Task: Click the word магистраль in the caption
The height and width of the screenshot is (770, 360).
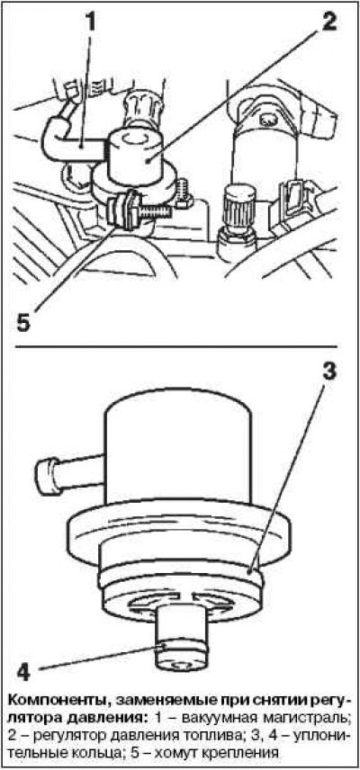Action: click(305, 718)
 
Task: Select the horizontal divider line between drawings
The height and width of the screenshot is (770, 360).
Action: click(180, 348)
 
